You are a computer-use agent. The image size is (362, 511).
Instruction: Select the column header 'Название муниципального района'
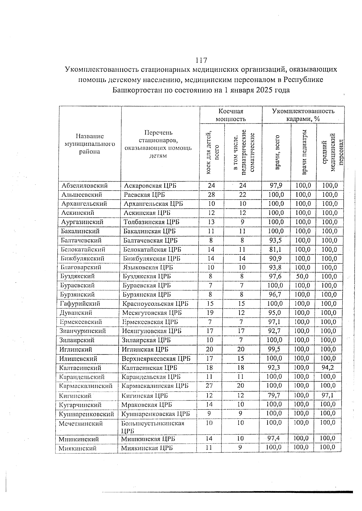click(90, 144)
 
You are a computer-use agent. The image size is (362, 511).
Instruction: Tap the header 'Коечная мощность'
click(230, 115)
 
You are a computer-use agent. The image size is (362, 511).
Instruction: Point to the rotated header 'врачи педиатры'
click(304, 152)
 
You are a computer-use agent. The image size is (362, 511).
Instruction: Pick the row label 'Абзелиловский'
click(84, 186)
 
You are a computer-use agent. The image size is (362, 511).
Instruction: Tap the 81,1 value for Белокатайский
click(275, 249)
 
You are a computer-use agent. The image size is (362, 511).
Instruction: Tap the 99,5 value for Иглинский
click(275, 349)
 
